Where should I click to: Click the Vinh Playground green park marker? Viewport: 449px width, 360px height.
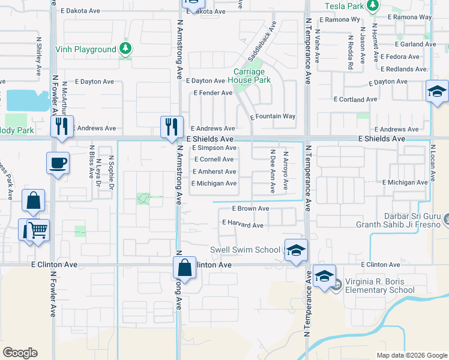point(125,47)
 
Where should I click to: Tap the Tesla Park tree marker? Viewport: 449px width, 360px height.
point(373,6)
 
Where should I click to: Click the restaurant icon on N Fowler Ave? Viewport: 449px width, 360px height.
point(62,127)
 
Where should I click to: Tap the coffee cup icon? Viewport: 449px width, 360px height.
point(58,163)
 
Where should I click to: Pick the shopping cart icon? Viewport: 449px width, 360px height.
point(38,230)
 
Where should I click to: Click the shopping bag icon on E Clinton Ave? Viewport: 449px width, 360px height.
point(185,268)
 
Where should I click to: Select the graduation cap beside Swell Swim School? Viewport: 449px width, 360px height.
point(296,250)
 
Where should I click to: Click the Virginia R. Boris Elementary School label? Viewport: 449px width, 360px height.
point(375,286)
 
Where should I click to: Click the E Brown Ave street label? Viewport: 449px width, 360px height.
point(251,209)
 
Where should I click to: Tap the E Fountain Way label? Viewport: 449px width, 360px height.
point(273,116)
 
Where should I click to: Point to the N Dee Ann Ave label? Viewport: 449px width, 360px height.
point(273,171)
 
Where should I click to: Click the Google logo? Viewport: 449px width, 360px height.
point(20,353)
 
